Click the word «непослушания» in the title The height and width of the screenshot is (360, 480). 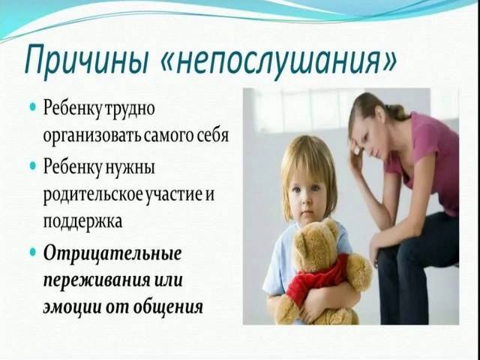tap(278, 59)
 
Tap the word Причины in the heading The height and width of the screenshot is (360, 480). tap(87, 59)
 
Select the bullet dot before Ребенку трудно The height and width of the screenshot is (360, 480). tap(33, 108)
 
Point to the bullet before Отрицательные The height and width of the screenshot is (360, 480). tap(33, 253)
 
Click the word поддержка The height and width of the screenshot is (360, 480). tap(82, 222)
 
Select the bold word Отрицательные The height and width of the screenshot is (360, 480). tap(112, 254)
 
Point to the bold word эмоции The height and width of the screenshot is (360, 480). tap(72, 306)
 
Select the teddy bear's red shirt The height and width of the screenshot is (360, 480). tap(315, 276)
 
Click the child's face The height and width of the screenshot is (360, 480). tap(307, 196)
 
